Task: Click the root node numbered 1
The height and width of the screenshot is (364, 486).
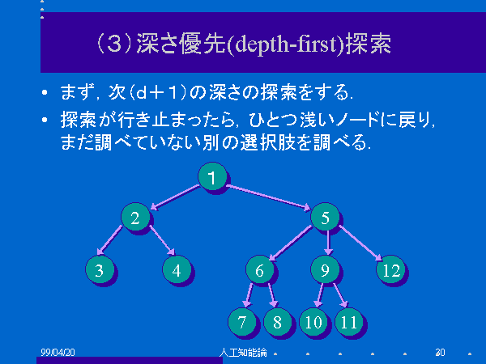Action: [x=212, y=176]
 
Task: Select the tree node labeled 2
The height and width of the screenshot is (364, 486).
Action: [x=135, y=217]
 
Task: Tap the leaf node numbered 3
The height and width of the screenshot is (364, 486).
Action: [x=100, y=269]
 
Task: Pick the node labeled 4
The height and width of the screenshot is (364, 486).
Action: [x=177, y=269]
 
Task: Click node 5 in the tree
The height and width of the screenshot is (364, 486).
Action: [x=325, y=217]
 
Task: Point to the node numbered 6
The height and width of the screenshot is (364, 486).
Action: [x=260, y=269]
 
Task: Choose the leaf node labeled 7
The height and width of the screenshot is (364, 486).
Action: [x=242, y=322]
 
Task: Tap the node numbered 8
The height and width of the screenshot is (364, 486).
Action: [x=278, y=322]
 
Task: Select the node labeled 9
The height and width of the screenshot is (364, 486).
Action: [x=325, y=269]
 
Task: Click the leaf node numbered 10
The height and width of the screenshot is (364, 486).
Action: [x=313, y=322]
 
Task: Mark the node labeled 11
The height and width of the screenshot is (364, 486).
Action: [x=349, y=322]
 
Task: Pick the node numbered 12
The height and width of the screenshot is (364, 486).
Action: [x=391, y=269]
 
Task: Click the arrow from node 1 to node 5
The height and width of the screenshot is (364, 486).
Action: [x=268, y=197]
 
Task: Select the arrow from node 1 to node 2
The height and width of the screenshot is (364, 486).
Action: [x=175, y=197]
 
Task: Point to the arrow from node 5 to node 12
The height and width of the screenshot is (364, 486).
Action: [x=360, y=243]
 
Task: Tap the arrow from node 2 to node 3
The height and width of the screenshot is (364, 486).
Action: [x=109, y=240]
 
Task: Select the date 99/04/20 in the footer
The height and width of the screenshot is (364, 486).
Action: [x=58, y=352]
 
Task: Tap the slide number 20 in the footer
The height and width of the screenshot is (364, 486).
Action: [x=440, y=352]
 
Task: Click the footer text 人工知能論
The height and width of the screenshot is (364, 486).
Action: [x=243, y=352]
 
